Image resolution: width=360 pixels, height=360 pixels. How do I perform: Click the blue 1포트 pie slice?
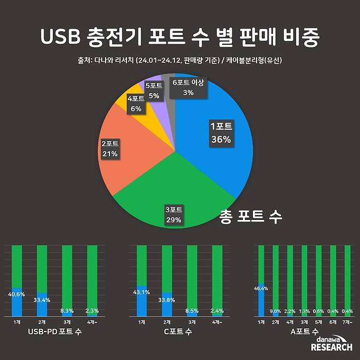(x=219, y=148)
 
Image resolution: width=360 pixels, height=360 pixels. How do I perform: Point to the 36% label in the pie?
(x=221, y=140)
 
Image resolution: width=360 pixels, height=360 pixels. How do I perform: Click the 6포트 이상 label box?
(x=188, y=88)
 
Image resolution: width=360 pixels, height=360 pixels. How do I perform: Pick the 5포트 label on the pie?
(x=154, y=90)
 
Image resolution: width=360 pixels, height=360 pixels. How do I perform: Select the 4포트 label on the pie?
(x=136, y=103)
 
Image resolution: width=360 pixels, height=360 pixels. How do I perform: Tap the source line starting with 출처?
(x=180, y=60)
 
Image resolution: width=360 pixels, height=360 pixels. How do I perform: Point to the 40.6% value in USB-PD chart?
(x=17, y=293)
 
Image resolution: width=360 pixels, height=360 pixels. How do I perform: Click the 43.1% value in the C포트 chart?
(x=142, y=292)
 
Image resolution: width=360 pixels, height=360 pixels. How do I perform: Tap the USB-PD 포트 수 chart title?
(x=55, y=332)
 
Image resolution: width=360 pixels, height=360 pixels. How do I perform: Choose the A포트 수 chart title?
(x=304, y=332)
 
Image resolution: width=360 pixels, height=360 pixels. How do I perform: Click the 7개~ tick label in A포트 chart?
(x=347, y=322)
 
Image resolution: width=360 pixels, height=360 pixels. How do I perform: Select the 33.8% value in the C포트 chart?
(x=167, y=299)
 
